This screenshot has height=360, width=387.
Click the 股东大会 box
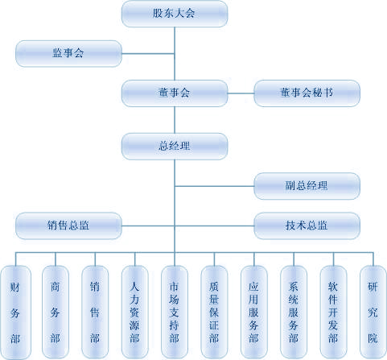click(x=175, y=14)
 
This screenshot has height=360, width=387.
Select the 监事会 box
click(x=68, y=53)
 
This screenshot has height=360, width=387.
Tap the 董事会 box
click(x=175, y=93)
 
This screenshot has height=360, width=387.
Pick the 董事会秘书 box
click(x=307, y=93)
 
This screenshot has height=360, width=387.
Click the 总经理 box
click(x=175, y=147)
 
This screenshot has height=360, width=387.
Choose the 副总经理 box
click(x=307, y=186)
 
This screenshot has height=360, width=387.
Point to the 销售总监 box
click(x=68, y=226)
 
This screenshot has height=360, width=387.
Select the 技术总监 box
click(x=307, y=226)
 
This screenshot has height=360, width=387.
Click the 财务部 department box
click(x=15, y=312)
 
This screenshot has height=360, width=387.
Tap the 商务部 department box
click(x=56, y=312)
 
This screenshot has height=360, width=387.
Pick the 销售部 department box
click(x=95, y=312)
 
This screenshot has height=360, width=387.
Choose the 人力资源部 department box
click(x=134, y=312)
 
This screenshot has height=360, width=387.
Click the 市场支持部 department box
click(x=175, y=312)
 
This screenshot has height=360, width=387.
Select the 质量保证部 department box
click(x=214, y=312)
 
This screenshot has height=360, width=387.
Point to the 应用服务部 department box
click(x=254, y=312)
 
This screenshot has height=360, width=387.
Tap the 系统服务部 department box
click(x=294, y=312)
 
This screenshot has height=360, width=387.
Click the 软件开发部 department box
click(x=333, y=312)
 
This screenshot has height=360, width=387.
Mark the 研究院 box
click(x=373, y=312)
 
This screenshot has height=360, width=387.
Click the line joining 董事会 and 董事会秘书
click(x=241, y=93)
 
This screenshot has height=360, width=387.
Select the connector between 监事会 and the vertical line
click(x=148, y=54)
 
